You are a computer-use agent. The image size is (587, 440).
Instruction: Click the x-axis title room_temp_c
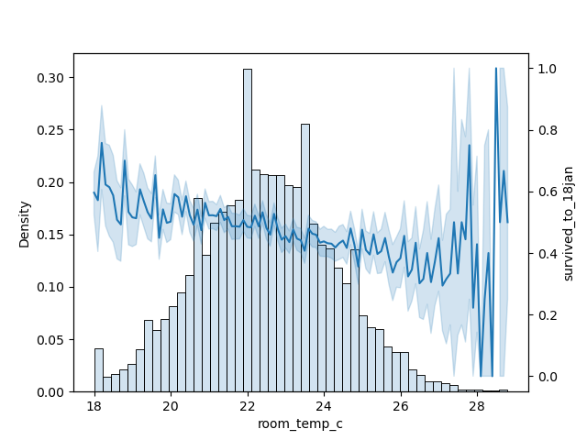pos(301,424)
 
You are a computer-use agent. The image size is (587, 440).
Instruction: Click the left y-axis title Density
pos(25,224)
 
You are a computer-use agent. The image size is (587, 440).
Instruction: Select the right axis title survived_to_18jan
pos(569,224)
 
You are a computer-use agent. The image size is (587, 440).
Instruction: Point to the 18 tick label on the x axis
pos(94,405)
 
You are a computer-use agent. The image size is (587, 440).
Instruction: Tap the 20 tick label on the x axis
pos(171,405)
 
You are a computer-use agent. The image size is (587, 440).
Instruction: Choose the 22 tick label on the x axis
pos(248,405)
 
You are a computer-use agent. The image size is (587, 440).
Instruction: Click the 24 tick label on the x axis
pos(324,405)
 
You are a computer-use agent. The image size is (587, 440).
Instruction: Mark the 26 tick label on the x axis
pos(401,405)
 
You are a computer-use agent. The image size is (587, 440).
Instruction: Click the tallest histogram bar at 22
pos(248,229)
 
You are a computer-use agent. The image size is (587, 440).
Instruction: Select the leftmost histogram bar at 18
pos(98,370)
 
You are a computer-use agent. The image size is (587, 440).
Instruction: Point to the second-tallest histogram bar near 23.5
pos(305,258)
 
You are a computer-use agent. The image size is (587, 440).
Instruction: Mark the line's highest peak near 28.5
pos(496,69)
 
